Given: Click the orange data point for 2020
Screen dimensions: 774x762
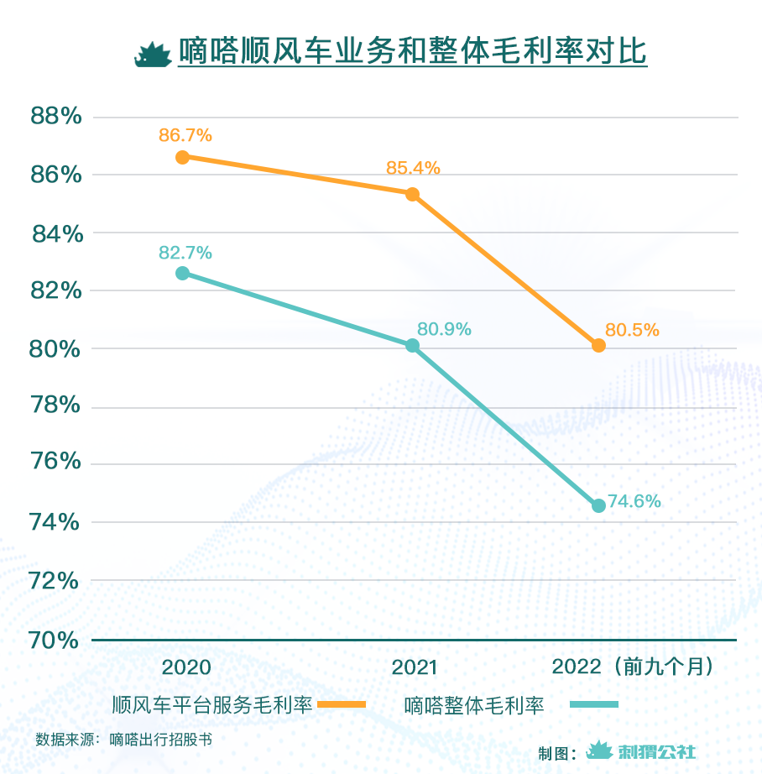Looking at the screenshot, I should [182, 157].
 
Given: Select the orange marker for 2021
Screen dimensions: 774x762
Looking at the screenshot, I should [412, 194].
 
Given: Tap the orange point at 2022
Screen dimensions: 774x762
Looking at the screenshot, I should [598, 345].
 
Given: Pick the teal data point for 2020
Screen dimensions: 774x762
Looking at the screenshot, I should [182, 273].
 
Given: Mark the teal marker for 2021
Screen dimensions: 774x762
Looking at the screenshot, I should [412, 346].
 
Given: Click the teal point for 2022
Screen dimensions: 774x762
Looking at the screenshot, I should [598, 505].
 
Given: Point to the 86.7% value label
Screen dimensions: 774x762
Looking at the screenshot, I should [185, 134].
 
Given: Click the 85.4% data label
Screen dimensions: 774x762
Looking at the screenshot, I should [413, 168].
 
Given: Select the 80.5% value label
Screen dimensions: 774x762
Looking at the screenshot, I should [632, 330].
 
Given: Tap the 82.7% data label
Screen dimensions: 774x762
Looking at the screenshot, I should [185, 252].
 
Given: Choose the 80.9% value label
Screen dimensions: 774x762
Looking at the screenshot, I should [444, 330].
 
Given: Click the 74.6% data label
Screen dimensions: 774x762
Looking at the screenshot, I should [634, 502].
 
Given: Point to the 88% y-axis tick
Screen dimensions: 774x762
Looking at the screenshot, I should [56, 116].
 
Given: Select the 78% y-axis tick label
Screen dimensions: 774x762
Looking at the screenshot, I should [56, 407].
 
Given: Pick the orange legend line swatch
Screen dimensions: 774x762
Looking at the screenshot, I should [342, 704].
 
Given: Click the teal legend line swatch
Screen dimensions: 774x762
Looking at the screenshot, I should [593, 704].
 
